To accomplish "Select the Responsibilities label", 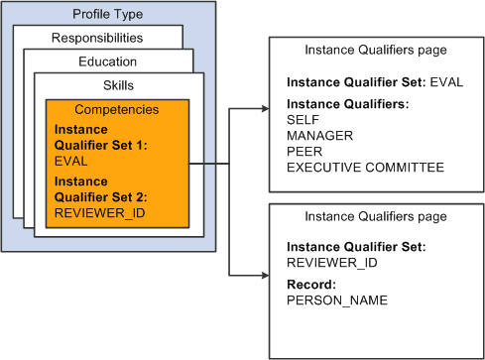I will (97, 39).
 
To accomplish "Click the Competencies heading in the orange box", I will (118, 109).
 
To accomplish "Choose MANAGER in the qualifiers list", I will (319, 135).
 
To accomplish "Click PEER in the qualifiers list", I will (304, 151).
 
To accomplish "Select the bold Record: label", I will (311, 284).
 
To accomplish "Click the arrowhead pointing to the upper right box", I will (262, 110).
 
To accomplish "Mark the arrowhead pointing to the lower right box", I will (262, 273).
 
